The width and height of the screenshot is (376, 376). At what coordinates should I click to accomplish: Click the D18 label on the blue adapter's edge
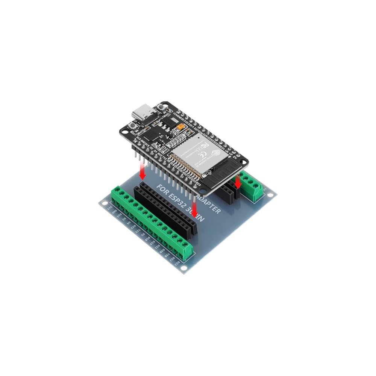pyautogui.click(x=148, y=239)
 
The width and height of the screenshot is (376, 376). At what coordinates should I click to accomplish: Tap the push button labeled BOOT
pyautogui.click(x=132, y=127)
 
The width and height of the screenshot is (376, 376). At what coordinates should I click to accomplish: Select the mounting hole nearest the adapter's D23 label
pyautogui.click(x=183, y=268)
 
